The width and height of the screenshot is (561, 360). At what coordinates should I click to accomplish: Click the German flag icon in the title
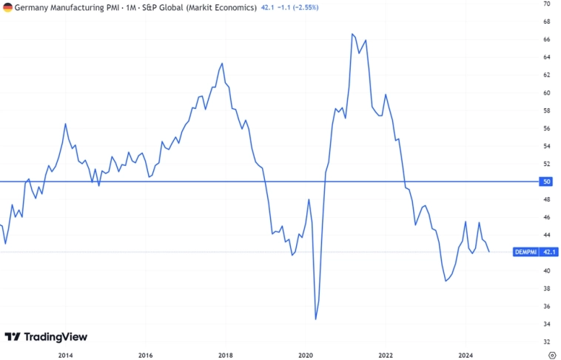(x=7, y=7)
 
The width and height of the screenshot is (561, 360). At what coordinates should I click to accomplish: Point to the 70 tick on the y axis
(x=545, y=4)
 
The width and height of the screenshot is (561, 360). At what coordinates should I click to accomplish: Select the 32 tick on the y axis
(x=545, y=341)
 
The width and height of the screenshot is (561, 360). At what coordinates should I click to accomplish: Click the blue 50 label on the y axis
(x=546, y=181)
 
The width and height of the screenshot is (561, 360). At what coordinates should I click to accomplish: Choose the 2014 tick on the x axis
(x=65, y=354)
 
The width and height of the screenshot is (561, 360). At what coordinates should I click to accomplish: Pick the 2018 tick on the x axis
(x=226, y=354)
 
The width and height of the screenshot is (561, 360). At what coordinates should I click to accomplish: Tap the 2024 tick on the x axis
(x=466, y=354)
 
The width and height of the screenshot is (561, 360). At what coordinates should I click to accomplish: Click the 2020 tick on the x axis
(x=306, y=354)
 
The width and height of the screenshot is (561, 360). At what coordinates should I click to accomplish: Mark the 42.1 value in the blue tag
(x=549, y=252)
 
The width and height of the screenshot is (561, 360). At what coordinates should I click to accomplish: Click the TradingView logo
(x=46, y=337)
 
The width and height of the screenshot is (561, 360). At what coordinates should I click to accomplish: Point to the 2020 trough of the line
(x=316, y=319)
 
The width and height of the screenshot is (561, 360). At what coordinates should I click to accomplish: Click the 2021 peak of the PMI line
(x=352, y=34)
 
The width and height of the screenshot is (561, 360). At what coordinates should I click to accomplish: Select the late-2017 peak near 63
(x=223, y=63)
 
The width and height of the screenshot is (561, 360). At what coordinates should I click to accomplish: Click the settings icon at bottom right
(x=551, y=354)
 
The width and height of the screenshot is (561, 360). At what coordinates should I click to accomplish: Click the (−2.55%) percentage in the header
(x=312, y=7)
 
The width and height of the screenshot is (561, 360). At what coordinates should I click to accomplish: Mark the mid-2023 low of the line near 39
(x=446, y=281)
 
